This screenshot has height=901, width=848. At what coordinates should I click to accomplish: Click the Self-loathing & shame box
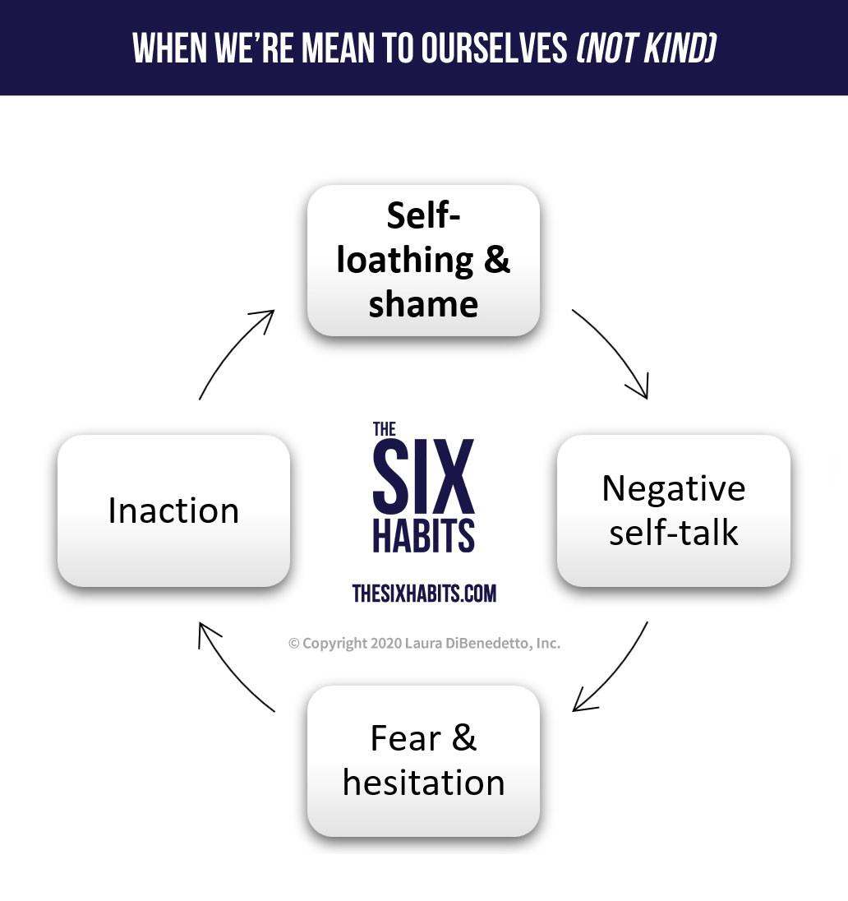point(423,260)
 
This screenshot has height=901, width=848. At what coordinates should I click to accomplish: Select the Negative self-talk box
point(673,511)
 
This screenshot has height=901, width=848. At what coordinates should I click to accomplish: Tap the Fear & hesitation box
point(423,760)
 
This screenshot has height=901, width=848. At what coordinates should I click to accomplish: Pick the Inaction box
point(173,511)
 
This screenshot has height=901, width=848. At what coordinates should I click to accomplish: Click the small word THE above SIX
point(385,428)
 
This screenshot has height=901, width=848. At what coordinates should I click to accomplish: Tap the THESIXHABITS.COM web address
point(424,593)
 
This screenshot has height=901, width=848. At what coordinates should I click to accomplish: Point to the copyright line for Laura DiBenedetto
point(424,644)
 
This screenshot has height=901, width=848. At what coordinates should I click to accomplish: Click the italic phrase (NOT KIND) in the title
point(646,49)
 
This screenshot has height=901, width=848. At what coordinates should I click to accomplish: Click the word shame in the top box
point(423,304)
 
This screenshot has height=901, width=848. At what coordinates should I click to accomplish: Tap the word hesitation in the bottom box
point(423,782)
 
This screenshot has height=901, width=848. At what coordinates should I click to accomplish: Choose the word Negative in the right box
point(673,488)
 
